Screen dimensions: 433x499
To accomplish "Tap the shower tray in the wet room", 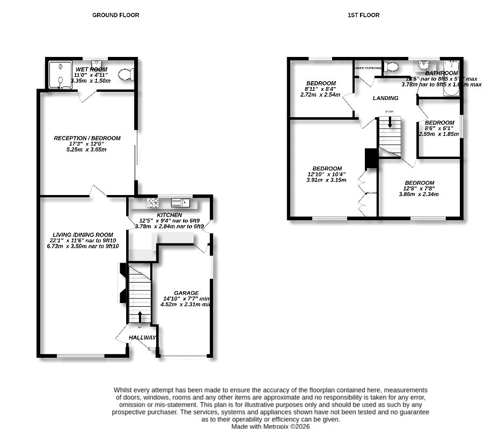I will pos(60,74).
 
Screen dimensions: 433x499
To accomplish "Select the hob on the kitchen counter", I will pos(153,203).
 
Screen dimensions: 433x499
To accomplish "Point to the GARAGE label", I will pos(186,293).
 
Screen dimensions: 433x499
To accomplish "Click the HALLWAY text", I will pos(142,337).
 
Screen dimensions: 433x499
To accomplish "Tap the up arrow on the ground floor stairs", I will pos(141,316).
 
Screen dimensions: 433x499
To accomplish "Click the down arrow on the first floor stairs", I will pos(390,121).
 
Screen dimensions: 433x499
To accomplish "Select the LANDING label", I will pos(386,98).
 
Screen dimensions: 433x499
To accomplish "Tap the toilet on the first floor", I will pos(391,67).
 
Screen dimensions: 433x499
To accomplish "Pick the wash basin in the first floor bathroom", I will pos(425,66).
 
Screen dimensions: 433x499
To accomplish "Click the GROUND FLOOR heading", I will pos(115,15).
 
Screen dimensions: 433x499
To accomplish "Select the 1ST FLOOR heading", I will pos(363,15).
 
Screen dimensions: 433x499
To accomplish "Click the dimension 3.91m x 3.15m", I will pos(326,180).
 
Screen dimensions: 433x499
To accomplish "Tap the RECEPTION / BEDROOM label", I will pos(87,138).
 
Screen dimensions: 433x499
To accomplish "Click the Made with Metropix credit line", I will pos(270,426).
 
